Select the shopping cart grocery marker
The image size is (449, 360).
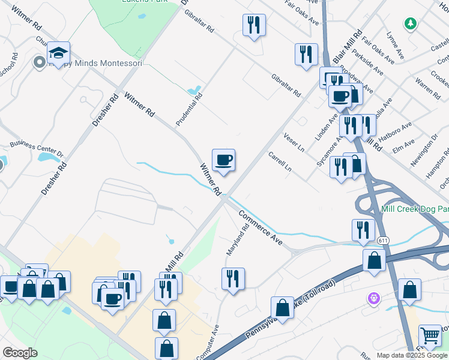point(430,337)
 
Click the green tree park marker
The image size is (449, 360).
point(411,23)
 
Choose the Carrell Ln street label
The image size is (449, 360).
point(280,161)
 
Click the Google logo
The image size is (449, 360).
point(20,353)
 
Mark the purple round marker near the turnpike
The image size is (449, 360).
point(373,297)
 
